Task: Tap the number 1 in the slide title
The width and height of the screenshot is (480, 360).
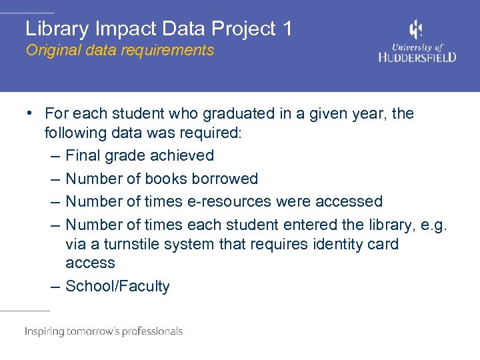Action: coord(287,29)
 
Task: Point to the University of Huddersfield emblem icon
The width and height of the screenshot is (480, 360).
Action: coord(416,30)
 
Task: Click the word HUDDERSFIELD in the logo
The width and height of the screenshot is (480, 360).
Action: coord(417,57)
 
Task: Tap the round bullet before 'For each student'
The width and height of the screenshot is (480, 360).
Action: coord(31,113)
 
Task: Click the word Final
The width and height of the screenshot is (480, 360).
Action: coord(83,155)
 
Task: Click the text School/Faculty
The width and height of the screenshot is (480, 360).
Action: coord(117,286)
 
